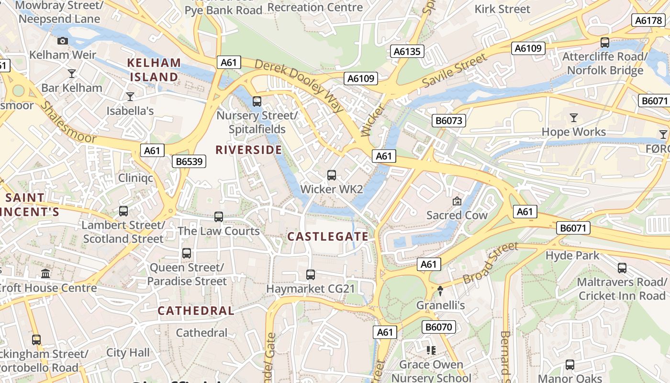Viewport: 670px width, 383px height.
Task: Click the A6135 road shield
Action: click(407, 51)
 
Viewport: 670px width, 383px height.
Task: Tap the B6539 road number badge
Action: click(189, 161)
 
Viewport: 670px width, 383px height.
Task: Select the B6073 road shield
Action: click(449, 120)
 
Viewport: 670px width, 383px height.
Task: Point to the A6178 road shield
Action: click(648, 20)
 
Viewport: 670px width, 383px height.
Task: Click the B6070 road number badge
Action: click(439, 327)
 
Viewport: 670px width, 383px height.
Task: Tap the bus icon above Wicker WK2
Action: click(332, 175)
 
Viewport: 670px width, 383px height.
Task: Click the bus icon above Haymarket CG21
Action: click(311, 275)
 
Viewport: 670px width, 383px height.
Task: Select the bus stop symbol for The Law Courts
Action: click(219, 217)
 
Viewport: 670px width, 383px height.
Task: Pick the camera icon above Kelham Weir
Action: click(63, 41)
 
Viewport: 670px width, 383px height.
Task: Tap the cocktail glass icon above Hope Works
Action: click(574, 117)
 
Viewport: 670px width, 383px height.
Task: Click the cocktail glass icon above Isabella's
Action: click(130, 97)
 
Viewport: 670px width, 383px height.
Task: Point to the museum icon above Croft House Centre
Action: click(45, 273)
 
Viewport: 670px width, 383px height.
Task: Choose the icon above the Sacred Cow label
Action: click(457, 201)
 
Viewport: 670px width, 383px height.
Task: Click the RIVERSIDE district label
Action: click(249, 150)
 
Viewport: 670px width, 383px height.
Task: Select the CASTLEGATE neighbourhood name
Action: click(328, 237)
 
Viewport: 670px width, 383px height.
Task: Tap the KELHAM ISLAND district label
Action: click(154, 70)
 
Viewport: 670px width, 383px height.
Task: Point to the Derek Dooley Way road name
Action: click(299, 86)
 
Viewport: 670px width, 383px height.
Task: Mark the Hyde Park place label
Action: click(572, 256)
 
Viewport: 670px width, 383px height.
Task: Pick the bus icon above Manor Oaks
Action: click(569, 365)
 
